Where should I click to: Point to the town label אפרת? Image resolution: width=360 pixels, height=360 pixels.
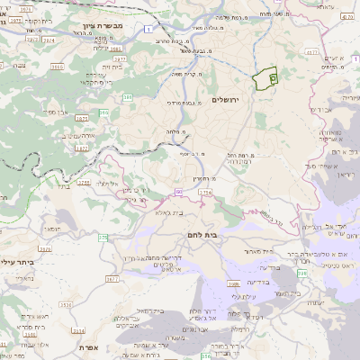click(87, 347)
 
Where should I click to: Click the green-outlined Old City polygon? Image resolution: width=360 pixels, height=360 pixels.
click(264, 80)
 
